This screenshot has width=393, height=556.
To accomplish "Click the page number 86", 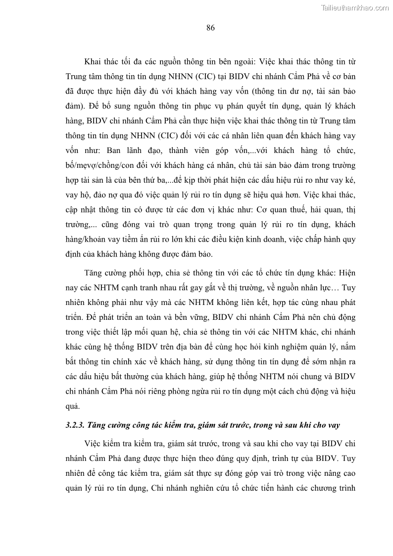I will (x=210, y=28).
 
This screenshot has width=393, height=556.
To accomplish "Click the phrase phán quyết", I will (x=229, y=105).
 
